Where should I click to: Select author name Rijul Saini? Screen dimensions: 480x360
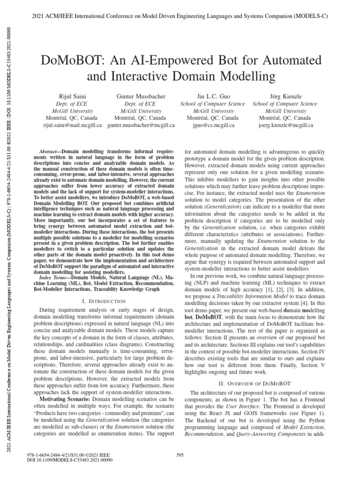(69, 96)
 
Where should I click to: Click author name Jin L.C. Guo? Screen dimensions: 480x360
(212, 96)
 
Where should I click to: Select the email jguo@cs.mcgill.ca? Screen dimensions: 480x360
(212, 126)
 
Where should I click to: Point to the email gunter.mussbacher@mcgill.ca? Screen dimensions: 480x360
(141, 126)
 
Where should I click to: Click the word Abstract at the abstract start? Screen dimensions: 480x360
(46, 153)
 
